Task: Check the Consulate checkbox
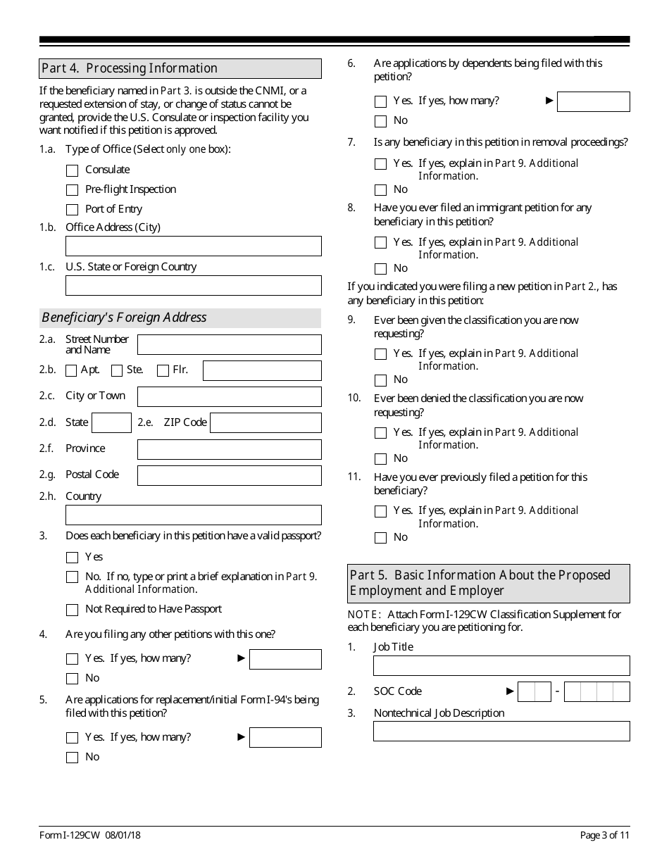click(x=72, y=170)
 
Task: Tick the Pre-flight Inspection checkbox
click(x=72, y=190)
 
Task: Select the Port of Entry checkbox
click(x=72, y=210)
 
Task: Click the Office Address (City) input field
click(x=193, y=246)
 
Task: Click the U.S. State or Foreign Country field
click(x=193, y=285)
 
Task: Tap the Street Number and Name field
click(x=229, y=344)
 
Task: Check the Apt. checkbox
click(x=71, y=370)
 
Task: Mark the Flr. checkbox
click(x=163, y=370)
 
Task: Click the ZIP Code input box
click(x=265, y=422)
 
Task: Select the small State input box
click(x=111, y=422)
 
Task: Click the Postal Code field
click(x=229, y=475)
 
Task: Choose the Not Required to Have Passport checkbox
click(x=72, y=610)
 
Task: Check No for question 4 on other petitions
click(x=72, y=679)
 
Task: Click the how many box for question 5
click(x=285, y=737)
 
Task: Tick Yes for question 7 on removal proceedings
click(x=381, y=164)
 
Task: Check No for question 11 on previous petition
click(x=381, y=538)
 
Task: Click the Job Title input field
click(x=501, y=665)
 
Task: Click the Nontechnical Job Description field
click(x=501, y=731)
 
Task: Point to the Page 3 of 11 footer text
click(x=604, y=836)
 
